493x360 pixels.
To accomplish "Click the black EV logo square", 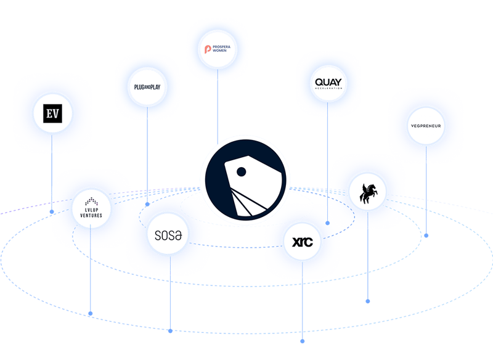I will pos(52,113).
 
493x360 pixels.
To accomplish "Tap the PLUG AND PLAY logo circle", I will pos(147,87).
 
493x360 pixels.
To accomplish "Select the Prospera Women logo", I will pos(217,49).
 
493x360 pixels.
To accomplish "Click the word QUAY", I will pos(327,81).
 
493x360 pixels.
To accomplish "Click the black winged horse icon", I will pos(368,192).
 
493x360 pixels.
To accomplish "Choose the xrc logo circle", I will pos(302,241).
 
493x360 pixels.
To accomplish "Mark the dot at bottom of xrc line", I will pos(302,340).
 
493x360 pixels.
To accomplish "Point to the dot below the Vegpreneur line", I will pos(426,235).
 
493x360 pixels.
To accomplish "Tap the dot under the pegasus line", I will pos(368,301).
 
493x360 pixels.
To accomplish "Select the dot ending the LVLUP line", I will pos(91,314).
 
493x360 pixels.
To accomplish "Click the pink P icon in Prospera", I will pos(208,49).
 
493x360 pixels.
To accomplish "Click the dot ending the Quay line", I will pos(328,222).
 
